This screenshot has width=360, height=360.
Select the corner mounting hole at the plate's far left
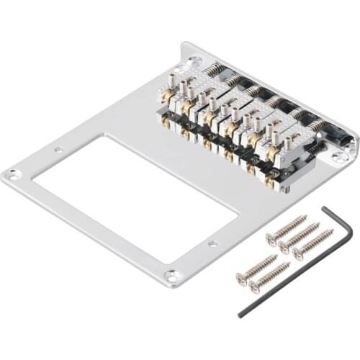click(13, 174)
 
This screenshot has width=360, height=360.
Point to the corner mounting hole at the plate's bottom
click(171, 275)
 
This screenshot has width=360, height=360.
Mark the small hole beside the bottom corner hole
click(212, 245)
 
